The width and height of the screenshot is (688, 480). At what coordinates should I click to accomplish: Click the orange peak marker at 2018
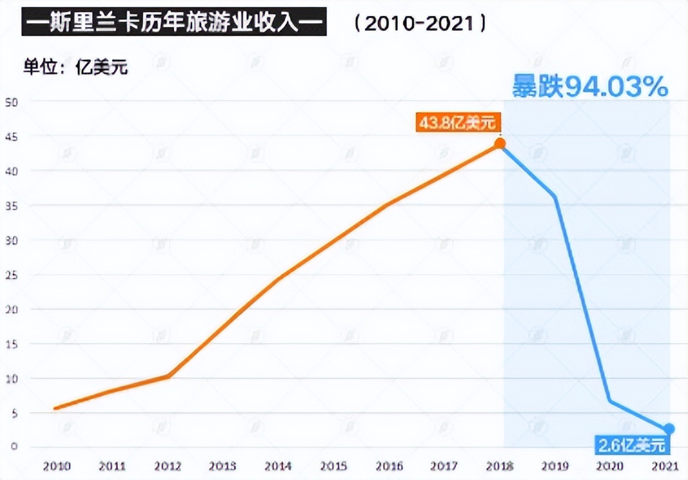(500, 144)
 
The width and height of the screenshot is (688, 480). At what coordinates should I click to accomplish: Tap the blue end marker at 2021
(669, 429)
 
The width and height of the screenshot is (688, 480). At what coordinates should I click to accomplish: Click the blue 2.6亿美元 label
(632, 444)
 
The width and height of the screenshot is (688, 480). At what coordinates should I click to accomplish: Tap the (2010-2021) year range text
(420, 24)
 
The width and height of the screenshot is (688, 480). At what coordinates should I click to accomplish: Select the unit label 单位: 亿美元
(76, 66)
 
